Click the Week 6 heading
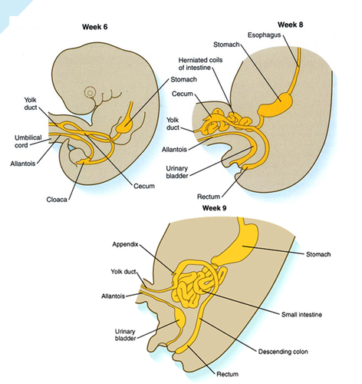94,27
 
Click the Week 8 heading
290,25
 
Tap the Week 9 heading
214,208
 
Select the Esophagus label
264,35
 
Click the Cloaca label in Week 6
57,200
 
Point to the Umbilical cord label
28,141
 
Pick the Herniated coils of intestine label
200,64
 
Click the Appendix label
125,244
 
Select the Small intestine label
301,314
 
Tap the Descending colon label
283,352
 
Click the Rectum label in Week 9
227,374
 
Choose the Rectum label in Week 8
209,197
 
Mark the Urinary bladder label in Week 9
125,335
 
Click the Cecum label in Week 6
144,186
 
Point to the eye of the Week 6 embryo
90,93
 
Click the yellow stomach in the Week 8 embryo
275,104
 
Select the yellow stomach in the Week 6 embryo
125,124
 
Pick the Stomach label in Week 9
318,254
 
